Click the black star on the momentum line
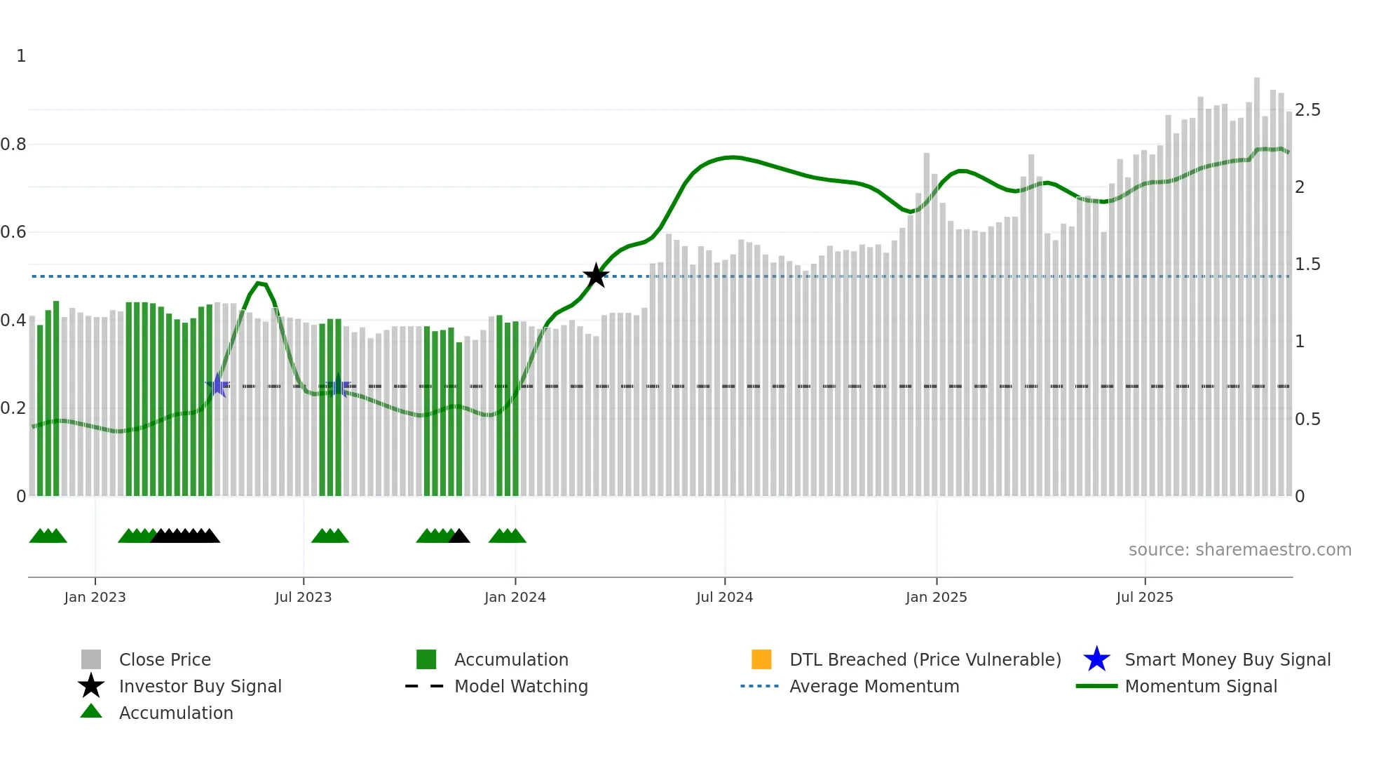point(596,276)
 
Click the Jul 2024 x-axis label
point(724,597)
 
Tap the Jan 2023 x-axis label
point(95,597)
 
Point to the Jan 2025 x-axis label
point(936,597)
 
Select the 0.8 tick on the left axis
point(13,144)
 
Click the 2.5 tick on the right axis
point(1307,110)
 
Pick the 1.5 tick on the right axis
point(1307,264)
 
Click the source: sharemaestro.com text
point(1239,550)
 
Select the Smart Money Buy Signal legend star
point(1096,659)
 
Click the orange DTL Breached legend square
point(761,659)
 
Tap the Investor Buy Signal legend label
point(200,686)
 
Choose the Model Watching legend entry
point(520,686)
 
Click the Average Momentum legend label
point(873,686)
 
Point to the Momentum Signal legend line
point(1096,686)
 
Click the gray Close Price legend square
point(91,659)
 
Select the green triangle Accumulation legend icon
point(91,711)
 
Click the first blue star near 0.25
point(218,385)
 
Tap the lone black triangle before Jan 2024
point(459,537)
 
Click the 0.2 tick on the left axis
point(13,408)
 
